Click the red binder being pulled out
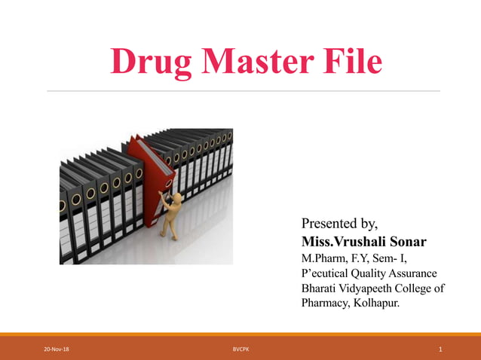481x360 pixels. tap(152, 169)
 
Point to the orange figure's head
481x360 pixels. tap(177, 198)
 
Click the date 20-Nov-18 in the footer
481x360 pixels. tap(57, 349)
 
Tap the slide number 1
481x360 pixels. tap(440, 349)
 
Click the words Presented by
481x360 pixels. tap(339, 224)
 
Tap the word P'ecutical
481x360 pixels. tap(329, 273)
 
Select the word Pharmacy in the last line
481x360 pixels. tap(325, 304)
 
